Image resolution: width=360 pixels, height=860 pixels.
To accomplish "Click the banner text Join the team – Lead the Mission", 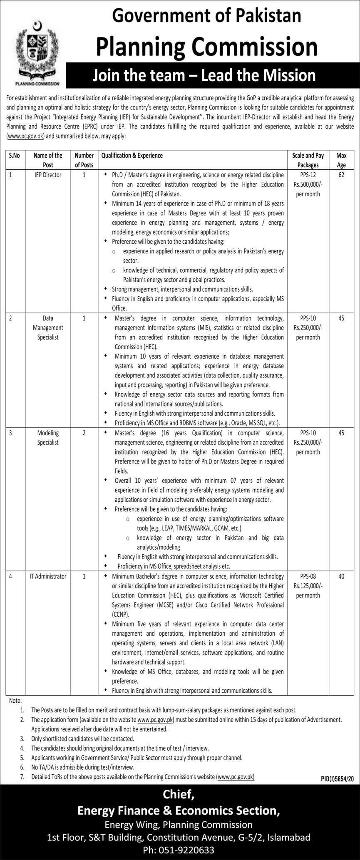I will click(x=204, y=75).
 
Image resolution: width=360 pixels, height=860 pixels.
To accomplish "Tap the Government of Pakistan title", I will click(x=207, y=16).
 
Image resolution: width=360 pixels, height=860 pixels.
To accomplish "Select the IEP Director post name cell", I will click(x=48, y=175).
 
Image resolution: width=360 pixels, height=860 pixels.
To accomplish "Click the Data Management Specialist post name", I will click(x=48, y=328).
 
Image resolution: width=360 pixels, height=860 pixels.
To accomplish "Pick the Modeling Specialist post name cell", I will click(x=48, y=438).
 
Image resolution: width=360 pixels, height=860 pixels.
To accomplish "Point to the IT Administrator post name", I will click(x=48, y=577).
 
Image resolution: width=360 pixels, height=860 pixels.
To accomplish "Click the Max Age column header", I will click(x=341, y=160).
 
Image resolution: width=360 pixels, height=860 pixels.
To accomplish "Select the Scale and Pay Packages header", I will click(x=308, y=160).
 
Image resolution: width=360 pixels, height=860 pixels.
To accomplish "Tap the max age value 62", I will click(x=341, y=175).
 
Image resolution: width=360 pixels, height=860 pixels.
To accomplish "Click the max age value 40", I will click(x=341, y=577).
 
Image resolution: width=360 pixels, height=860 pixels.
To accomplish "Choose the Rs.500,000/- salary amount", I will click(x=308, y=185).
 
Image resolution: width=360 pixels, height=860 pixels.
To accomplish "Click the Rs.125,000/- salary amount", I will click(x=308, y=586).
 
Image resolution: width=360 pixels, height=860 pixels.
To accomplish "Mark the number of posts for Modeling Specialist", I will click(x=84, y=433).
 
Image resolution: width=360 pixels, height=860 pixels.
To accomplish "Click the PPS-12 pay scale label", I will click(x=308, y=175).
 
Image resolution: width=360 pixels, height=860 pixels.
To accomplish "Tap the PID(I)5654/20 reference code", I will click(x=337, y=778).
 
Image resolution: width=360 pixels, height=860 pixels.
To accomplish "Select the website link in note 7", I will click(x=236, y=777).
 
